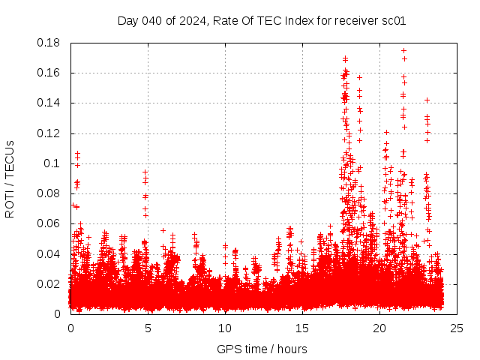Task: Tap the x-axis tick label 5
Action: click(x=148, y=328)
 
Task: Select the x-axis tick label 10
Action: click(x=225, y=328)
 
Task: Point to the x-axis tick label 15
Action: click(x=302, y=328)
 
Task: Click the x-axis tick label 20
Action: click(x=379, y=328)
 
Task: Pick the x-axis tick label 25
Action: click(x=456, y=328)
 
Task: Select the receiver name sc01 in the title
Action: click(x=394, y=21)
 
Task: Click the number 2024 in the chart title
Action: click(x=190, y=21)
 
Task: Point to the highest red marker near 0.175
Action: click(x=403, y=51)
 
